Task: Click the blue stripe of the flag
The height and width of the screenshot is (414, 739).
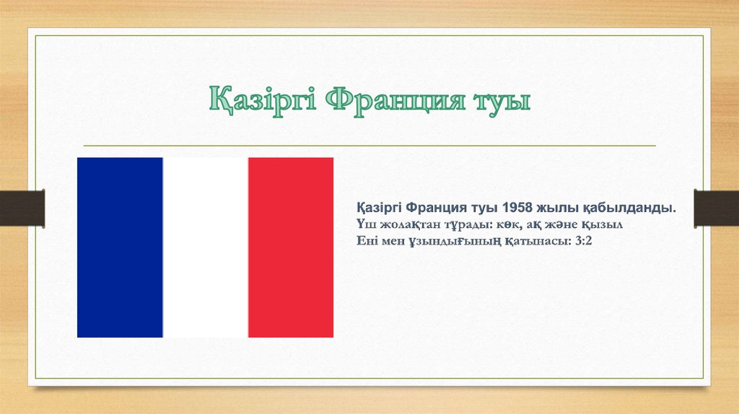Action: pyautogui.click(x=120, y=247)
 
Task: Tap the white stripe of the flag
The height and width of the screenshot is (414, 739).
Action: pyautogui.click(x=206, y=247)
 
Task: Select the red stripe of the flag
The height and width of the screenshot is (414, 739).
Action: pyautogui.click(x=291, y=247)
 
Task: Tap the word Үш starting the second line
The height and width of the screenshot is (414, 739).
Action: pyautogui.click(x=365, y=224)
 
